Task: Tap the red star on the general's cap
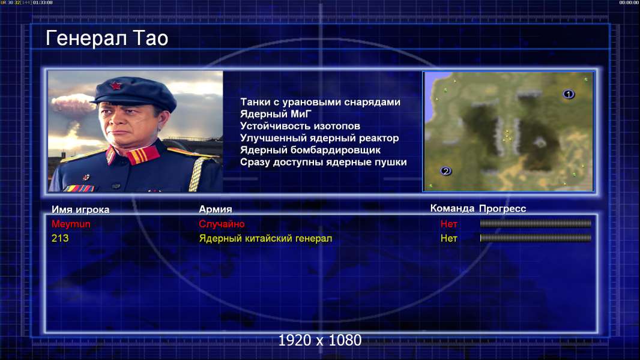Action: click(x=116, y=85)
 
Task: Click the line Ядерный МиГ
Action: click(x=276, y=114)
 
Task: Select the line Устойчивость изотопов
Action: click(x=300, y=126)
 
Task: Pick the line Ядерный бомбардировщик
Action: click(x=310, y=150)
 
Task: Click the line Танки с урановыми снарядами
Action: click(x=320, y=102)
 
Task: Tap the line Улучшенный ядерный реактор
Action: click(x=319, y=138)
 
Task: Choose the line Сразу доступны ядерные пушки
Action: click(x=323, y=162)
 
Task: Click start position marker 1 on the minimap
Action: click(x=569, y=94)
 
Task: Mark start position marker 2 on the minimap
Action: click(x=445, y=171)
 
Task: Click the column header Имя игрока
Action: click(x=80, y=209)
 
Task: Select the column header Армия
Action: click(x=215, y=209)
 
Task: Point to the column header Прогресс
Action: click(x=503, y=208)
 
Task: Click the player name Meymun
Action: click(x=71, y=224)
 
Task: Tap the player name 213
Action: click(x=60, y=238)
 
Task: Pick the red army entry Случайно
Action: click(x=222, y=224)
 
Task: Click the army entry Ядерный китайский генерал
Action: click(x=265, y=238)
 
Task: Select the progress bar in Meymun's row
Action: click(x=536, y=223)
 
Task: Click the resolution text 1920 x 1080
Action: click(x=320, y=340)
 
